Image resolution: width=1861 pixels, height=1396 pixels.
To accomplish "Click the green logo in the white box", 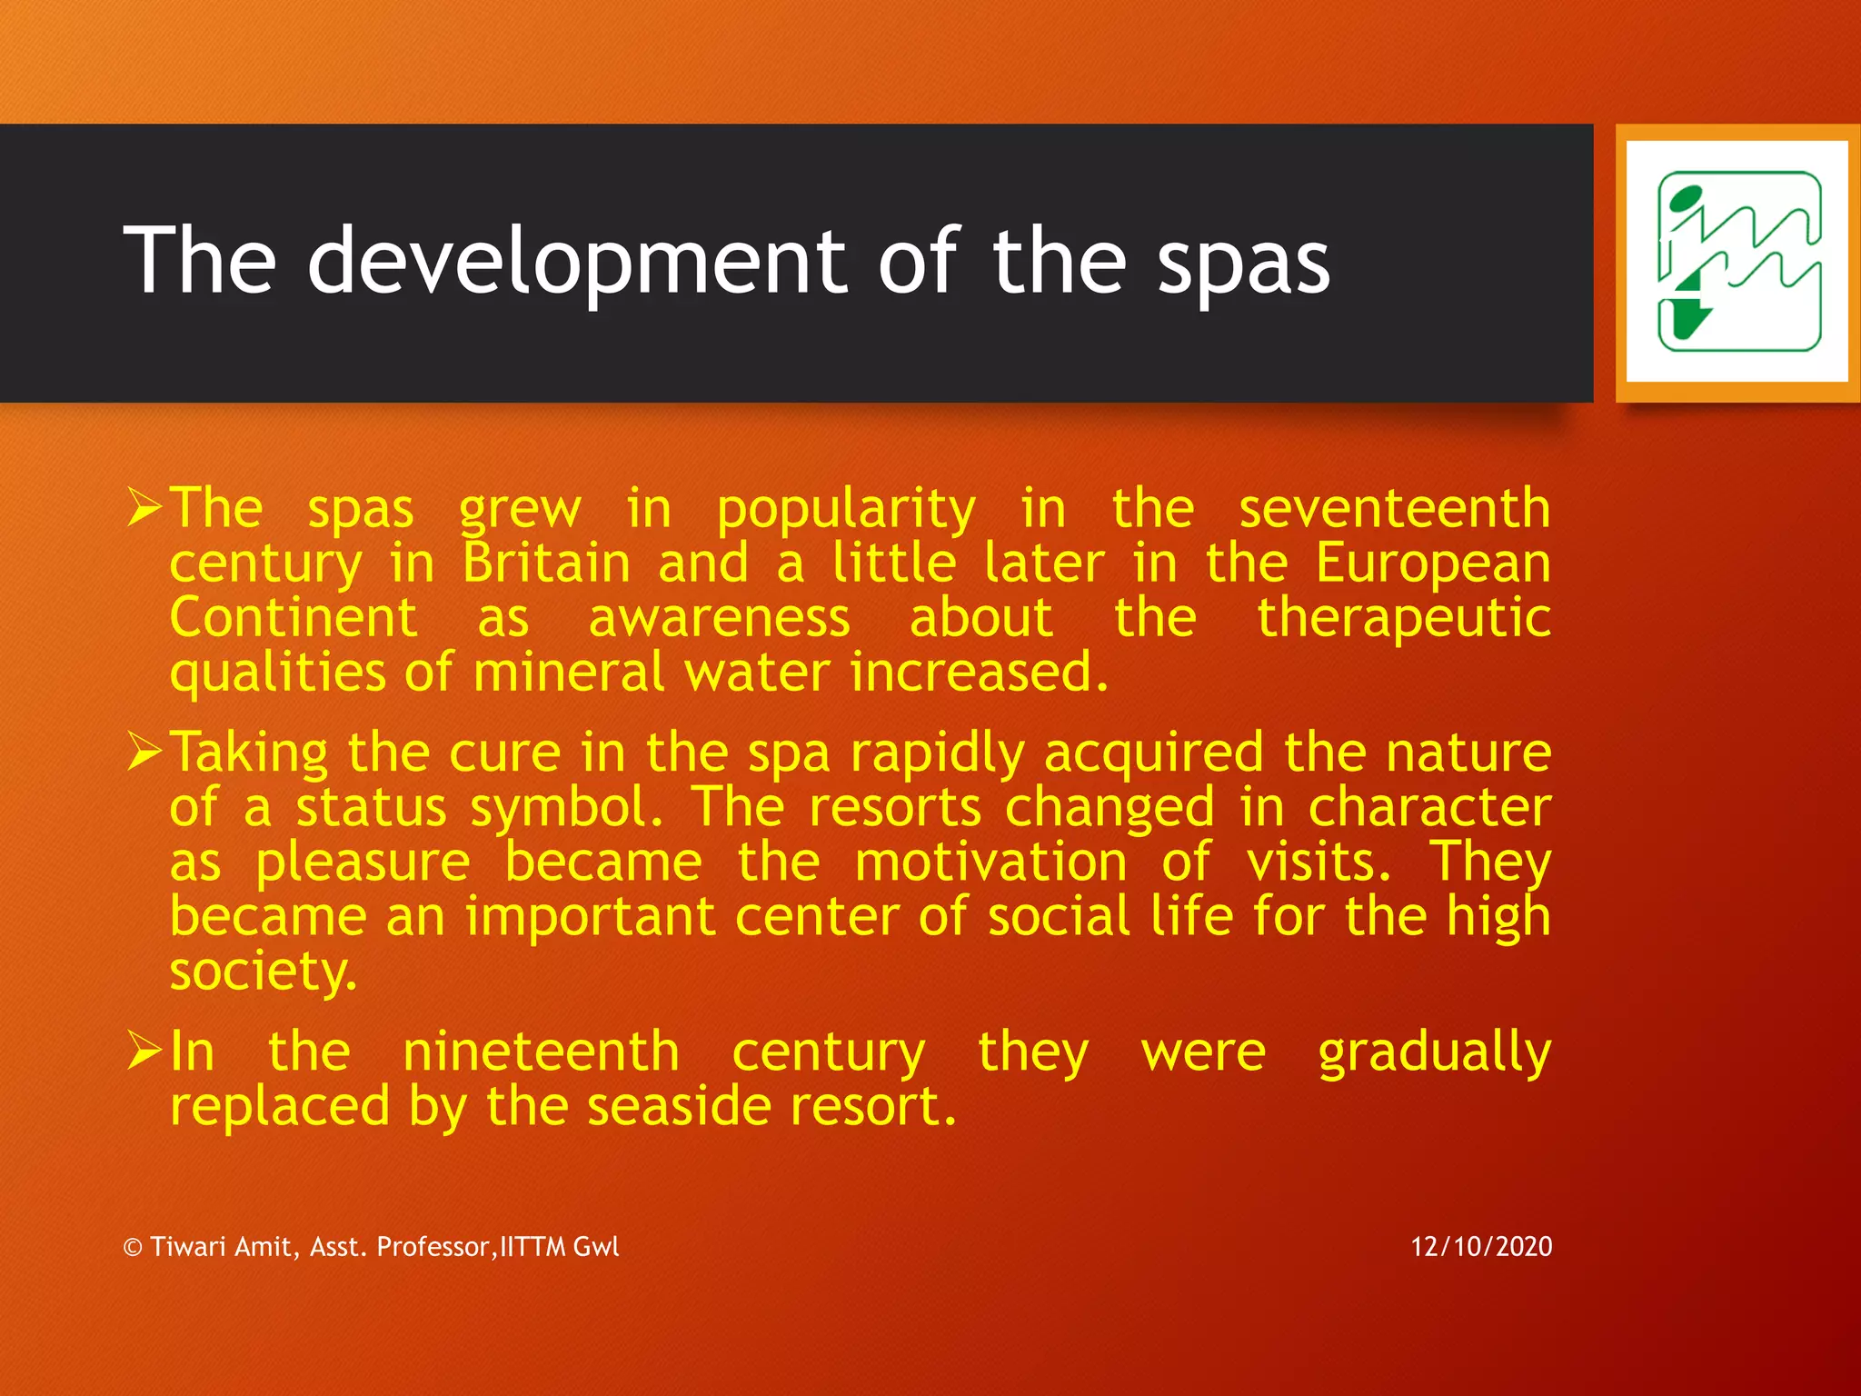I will [1738, 262].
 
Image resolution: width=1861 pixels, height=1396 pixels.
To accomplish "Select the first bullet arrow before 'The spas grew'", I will [144, 507].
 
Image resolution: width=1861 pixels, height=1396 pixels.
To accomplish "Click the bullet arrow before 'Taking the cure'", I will [144, 752].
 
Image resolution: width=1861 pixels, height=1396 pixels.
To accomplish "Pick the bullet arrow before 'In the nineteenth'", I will [144, 1051].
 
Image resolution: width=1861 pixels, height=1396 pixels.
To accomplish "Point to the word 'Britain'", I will [546, 563].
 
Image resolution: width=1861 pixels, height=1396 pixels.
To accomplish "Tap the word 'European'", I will [1433, 564].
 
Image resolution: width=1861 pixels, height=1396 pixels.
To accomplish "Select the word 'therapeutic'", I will [1404, 619].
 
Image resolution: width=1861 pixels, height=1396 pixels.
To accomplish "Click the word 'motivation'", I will [990, 862].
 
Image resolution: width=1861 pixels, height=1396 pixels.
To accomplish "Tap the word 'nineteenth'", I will [541, 1052].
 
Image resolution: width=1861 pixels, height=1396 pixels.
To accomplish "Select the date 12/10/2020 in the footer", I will [1481, 1246].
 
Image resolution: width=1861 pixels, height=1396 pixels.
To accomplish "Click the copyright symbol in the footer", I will [133, 1248].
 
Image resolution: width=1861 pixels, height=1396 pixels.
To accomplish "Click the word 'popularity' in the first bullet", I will [846, 509].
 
